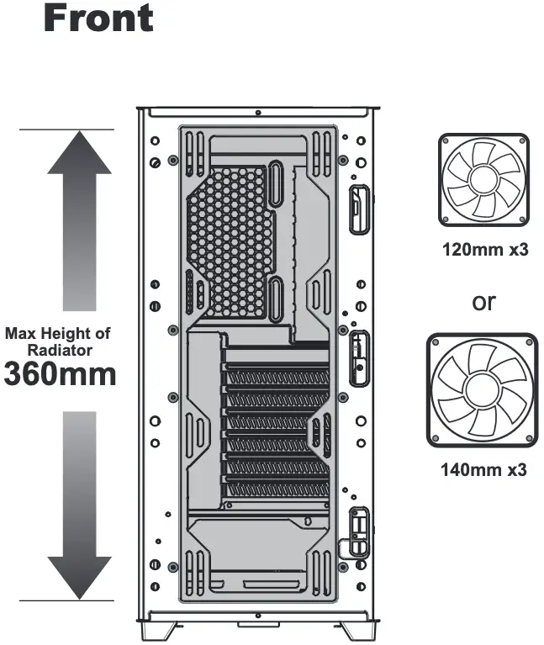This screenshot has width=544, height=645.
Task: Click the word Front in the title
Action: [x=98, y=18]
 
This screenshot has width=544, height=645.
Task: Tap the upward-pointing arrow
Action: [x=79, y=220]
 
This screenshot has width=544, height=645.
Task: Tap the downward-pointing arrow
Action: [x=79, y=505]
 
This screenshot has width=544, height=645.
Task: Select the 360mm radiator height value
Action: [x=60, y=374]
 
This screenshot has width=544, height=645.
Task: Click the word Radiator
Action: [x=60, y=351]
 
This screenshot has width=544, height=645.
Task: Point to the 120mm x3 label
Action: [x=485, y=249]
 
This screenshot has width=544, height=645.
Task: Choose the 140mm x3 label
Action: [x=483, y=469]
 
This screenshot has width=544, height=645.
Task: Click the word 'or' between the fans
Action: [x=484, y=303]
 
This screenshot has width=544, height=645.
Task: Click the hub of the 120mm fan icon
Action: [x=483, y=179]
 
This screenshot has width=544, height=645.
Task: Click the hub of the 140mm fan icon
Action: [x=482, y=390]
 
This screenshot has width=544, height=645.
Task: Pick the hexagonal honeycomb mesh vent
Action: [x=230, y=242]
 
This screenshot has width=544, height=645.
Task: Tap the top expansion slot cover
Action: [x=277, y=377]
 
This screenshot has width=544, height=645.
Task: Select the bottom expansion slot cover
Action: [x=277, y=489]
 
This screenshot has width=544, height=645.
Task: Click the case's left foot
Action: [x=158, y=630]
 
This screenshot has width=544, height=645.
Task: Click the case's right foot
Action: [x=357, y=630]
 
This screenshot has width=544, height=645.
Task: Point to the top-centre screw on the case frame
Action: [x=258, y=113]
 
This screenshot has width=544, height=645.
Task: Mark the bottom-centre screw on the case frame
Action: [x=258, y=616]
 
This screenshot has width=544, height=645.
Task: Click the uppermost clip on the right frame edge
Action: [x=359, y=209]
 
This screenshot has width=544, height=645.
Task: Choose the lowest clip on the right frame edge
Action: [x=359, y=531]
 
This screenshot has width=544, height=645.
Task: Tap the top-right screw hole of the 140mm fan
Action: [x=530, y=342]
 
